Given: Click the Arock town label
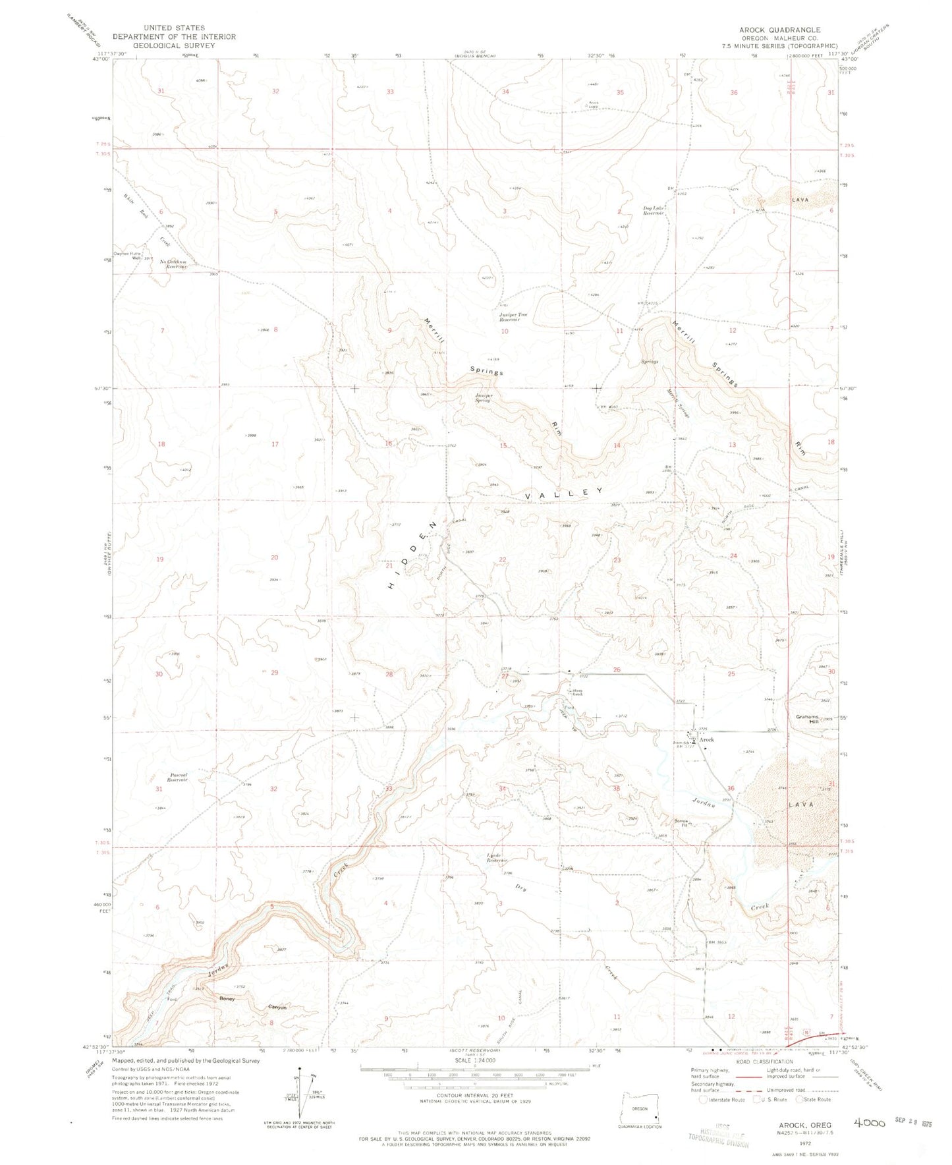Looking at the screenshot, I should [706, 739].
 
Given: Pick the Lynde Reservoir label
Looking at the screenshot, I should [496, 859].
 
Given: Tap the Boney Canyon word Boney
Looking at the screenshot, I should [227, 999].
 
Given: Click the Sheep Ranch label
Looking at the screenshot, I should [577, 692].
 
